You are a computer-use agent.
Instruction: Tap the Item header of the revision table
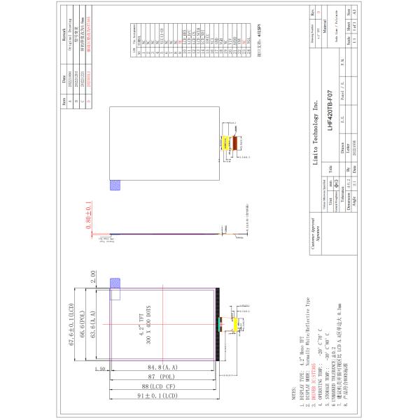(65, 100)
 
